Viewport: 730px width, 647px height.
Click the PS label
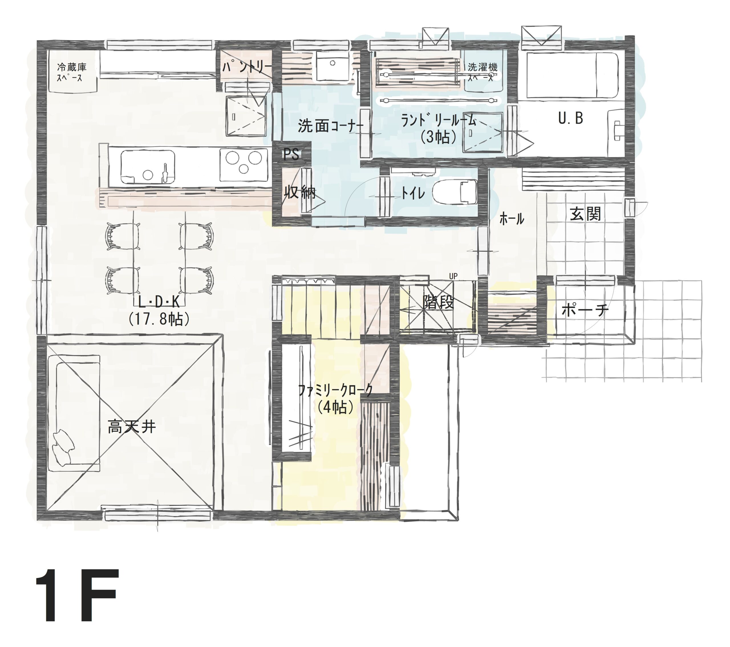291,154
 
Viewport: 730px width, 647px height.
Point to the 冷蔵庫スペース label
72,72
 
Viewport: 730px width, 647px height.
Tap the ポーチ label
585,310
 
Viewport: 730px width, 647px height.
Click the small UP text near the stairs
453,276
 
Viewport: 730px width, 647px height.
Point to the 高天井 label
132,427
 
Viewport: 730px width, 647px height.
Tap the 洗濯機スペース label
482,72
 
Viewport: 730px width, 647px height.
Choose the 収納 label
300,192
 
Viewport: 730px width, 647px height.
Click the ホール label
512,218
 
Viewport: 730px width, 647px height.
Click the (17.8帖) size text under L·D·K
159,319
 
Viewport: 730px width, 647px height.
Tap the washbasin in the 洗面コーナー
332,67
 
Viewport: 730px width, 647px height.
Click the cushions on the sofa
64,447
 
